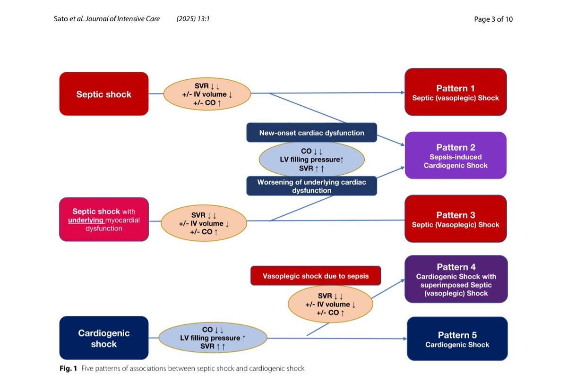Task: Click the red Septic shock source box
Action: pos(104,94)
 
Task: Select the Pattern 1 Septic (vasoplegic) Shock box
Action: pos(455,92)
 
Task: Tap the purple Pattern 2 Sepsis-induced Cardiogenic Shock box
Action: pos(455,155)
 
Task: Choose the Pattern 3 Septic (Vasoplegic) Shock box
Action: pos(455,219)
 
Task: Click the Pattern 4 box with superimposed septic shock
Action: pos(456,279)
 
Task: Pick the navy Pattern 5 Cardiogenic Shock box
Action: pos(457,339)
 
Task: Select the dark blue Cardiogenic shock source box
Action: pos(104,339)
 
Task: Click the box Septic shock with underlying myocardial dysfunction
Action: pos(104,220)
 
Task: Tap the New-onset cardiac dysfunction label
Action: pos(312,133)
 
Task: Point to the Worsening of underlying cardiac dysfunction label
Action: pos(312,186)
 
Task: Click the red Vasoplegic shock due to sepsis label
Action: pos(316,276)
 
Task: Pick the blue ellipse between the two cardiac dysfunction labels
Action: pos(312,160)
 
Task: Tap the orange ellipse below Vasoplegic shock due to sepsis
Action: pos(330,304)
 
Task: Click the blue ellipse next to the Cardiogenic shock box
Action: pos(206,338)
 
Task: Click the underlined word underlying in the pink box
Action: pos(86,220)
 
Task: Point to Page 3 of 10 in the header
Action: pos(493,19)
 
